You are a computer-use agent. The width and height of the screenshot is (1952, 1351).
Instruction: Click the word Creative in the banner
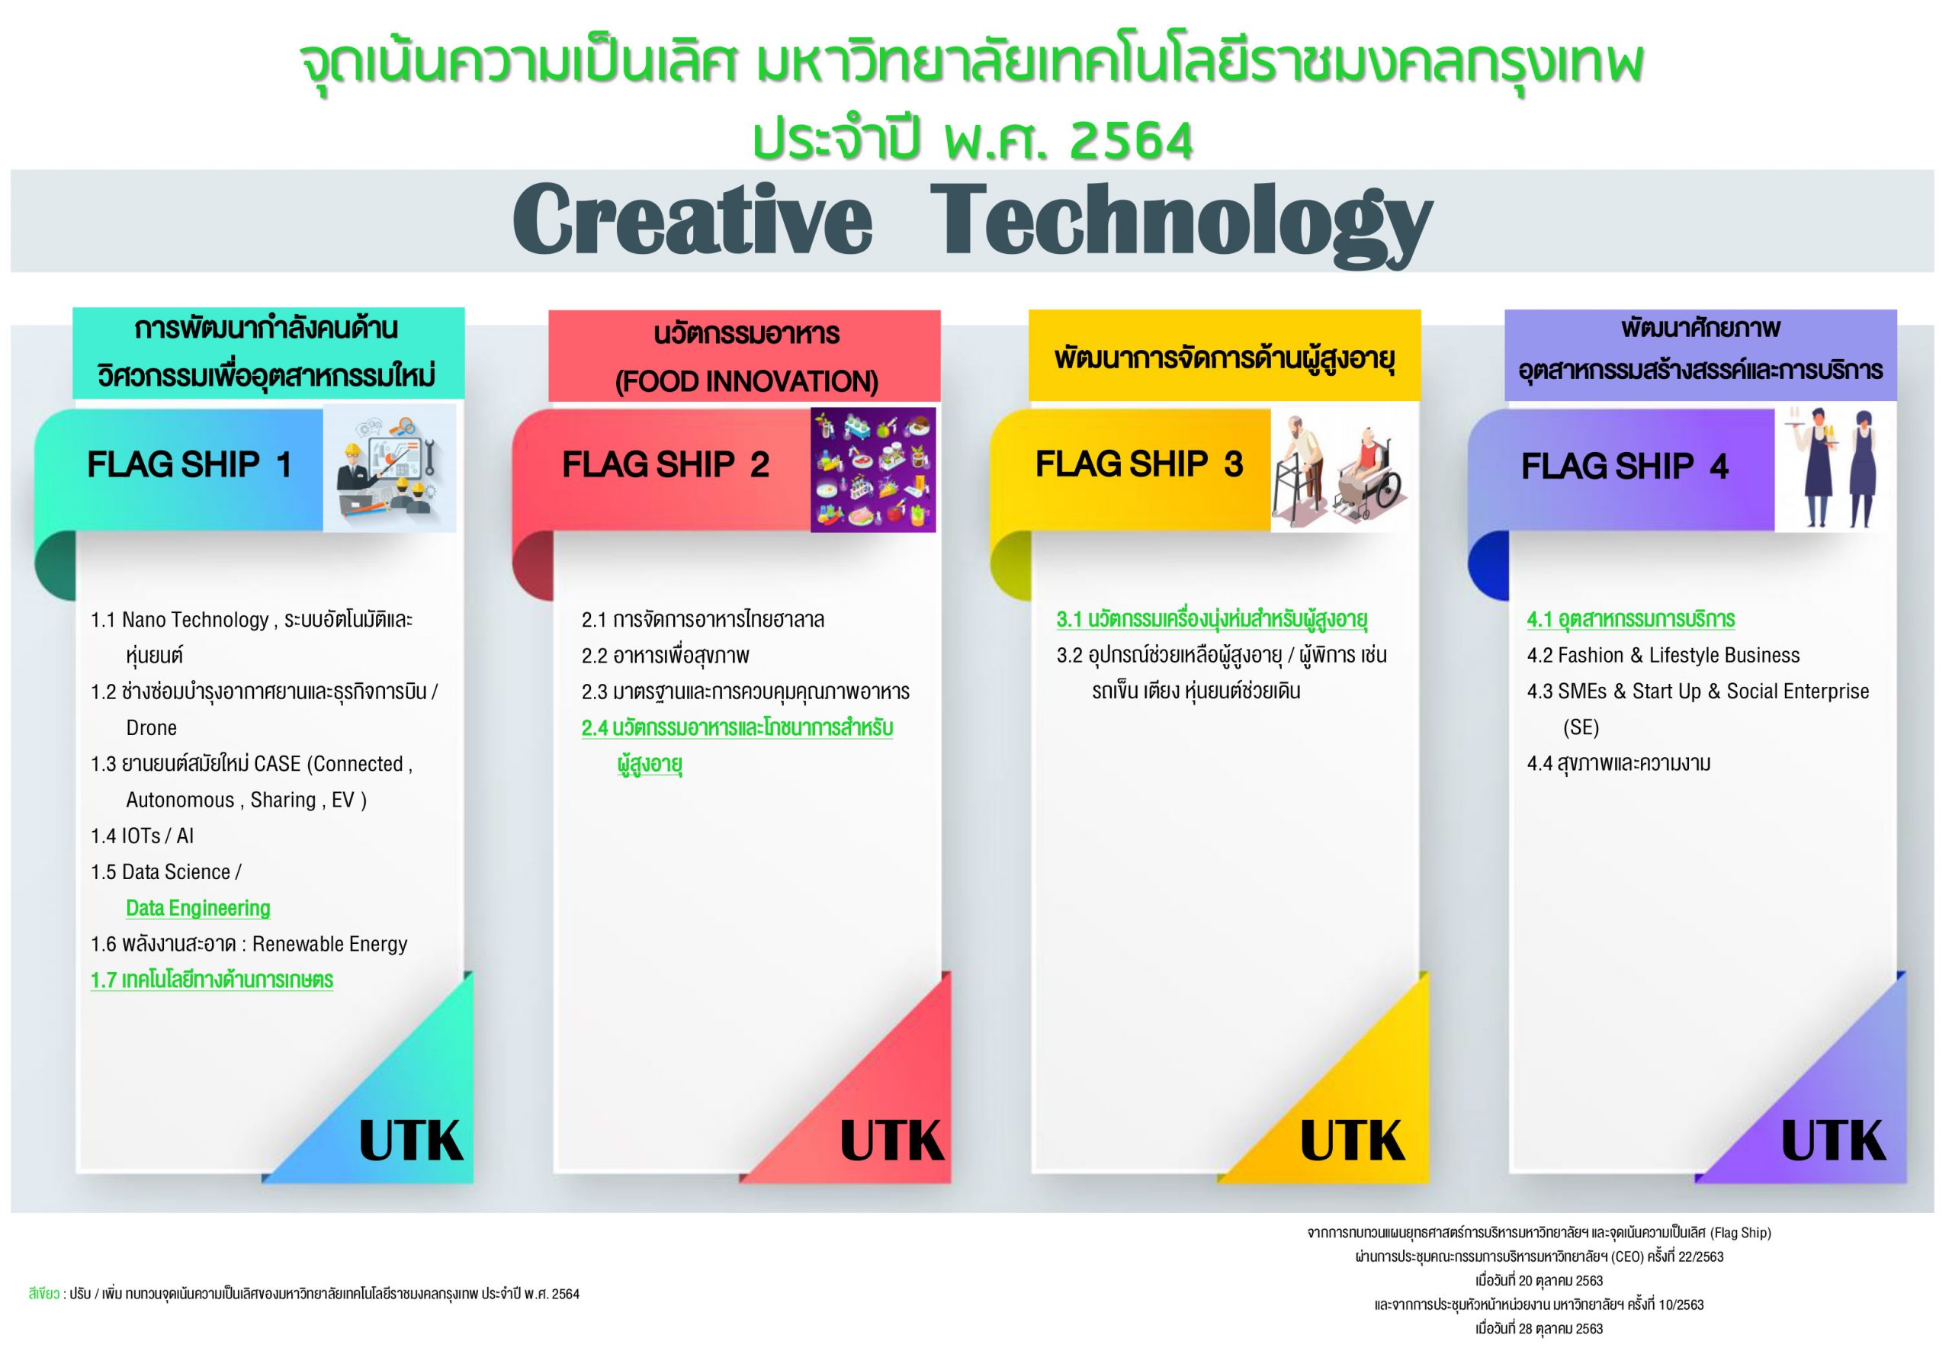click(692, 220)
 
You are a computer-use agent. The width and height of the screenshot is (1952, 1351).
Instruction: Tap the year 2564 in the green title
click(1131, 141)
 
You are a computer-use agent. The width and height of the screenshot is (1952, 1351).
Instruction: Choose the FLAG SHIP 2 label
click(666, 465)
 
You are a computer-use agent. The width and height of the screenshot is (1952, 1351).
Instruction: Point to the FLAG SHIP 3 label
click(1138, 464)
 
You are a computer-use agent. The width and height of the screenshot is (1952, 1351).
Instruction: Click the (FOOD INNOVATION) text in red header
click(746, 382)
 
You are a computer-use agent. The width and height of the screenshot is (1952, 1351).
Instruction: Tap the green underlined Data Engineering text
click(198, 908)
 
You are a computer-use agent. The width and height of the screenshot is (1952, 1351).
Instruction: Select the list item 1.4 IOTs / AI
click(143, 836)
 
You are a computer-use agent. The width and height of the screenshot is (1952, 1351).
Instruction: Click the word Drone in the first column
click(152, 728)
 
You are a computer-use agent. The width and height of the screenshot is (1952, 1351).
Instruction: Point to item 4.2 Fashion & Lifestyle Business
click(1663, 655)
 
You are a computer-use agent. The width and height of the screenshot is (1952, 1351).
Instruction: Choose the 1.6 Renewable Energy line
click(249, 944)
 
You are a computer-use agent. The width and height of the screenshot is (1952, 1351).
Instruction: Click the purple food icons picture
click(873, 470)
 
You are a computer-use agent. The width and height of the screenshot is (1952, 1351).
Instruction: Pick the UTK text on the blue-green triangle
click(412, 1142)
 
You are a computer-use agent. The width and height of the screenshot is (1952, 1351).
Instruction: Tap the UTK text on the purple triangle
click(1834, 1142)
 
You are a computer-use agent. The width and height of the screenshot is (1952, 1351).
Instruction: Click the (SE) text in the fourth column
click(1581, 728)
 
